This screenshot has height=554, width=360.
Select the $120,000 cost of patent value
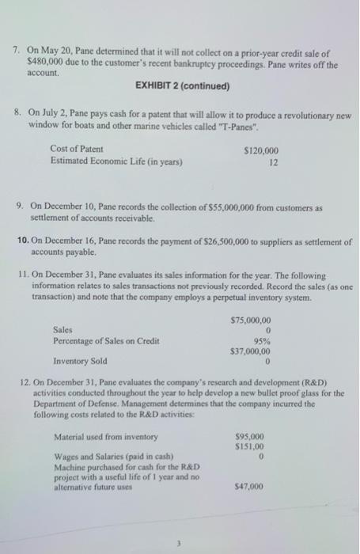click(261, 150)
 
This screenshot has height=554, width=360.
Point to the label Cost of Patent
click(76, 150)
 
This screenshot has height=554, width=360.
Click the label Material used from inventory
click(105, 437)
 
